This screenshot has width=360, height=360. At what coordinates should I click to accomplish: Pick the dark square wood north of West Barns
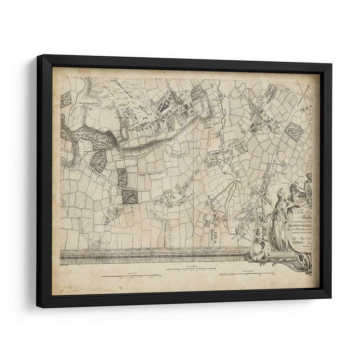(130, 196)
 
